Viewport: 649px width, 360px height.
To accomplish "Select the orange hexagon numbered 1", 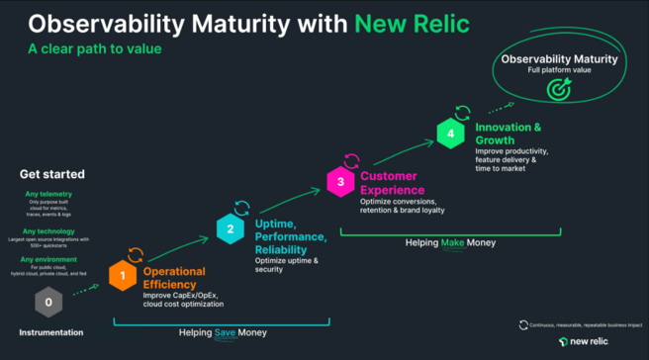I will point(122,275).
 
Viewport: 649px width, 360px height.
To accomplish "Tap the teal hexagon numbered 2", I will point(231,228).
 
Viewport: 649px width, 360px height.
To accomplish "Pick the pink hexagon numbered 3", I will point(340,181).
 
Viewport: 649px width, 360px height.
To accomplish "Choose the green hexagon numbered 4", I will point(450,133).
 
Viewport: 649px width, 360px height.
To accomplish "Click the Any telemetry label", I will point(48,195).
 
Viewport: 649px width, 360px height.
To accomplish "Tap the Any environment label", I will point(48,259).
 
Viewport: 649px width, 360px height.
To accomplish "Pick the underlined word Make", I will point(452,241).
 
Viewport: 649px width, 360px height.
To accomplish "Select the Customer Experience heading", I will point(393,183).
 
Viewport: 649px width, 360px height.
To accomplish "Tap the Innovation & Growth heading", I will point(509,134).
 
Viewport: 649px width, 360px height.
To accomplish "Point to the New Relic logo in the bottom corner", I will point(590,341).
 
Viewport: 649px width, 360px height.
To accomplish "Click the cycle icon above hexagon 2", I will point(241,207).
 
